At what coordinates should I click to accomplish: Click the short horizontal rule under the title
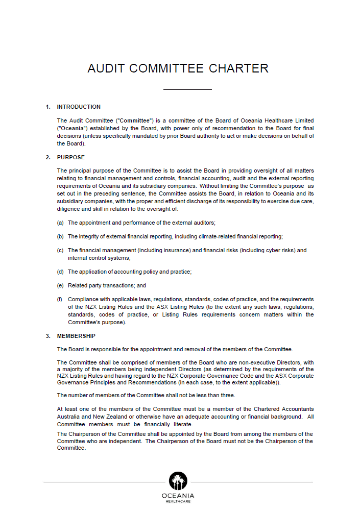click(187, 90)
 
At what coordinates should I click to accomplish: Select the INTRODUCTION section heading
click(79, 107)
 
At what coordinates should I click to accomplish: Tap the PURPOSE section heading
click(71, 157)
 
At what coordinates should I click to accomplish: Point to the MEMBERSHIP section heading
click(76, 336)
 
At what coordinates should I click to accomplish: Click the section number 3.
click(47, 336)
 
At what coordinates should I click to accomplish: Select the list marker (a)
click(60, 223)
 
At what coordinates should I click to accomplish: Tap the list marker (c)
click(60, 251)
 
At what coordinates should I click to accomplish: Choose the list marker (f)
click(60, 299)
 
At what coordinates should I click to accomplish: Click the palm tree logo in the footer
click(178, 481)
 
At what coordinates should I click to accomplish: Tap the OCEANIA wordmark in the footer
click(178, 496)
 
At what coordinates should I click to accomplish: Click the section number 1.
click(47, 107)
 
